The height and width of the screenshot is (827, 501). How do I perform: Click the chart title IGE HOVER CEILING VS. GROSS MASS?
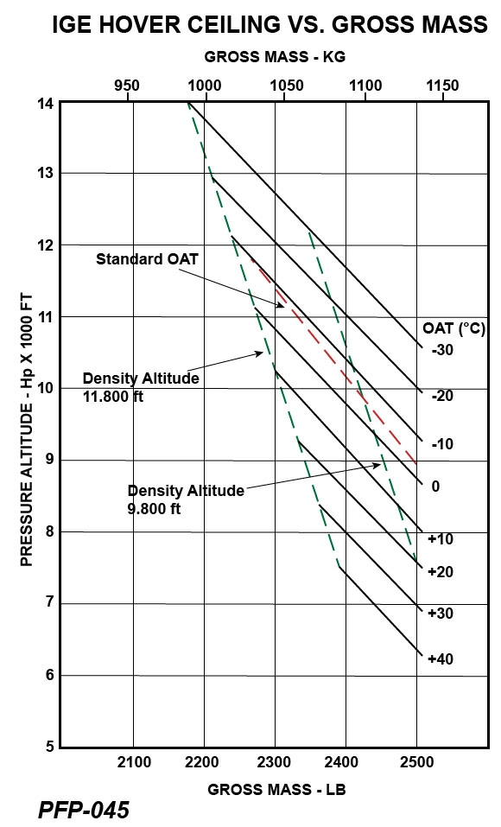(270, 25)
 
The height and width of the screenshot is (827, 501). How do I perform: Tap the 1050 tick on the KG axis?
(285, 86)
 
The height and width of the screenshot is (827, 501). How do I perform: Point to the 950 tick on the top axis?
(127, 86)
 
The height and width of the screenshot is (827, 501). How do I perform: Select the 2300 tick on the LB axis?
(275, 761)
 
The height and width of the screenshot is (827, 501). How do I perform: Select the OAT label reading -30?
(440, 350)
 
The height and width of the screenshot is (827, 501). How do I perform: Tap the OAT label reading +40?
(440, 658)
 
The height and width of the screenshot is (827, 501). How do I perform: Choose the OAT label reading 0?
(435, 487)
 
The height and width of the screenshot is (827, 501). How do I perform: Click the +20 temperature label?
(440, 571)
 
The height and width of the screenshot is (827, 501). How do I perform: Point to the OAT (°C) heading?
(453, 328)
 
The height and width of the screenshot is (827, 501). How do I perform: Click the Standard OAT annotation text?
(147, 259)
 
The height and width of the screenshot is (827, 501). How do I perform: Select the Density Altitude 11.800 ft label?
(141, 386)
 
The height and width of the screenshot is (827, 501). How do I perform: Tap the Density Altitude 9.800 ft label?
(186, 499)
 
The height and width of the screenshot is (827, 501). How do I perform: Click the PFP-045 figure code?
(84, 810)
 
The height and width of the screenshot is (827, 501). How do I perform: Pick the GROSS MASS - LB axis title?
(276, 790)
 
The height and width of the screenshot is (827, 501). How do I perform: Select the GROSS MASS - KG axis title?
(275, 57)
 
